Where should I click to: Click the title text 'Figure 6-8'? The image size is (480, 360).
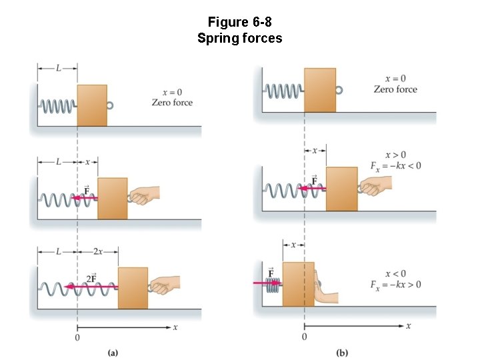[x=239, y=22]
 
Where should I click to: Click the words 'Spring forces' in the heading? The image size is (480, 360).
[x=239, y=38]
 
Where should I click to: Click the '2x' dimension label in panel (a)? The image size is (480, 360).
[x=97, y=251]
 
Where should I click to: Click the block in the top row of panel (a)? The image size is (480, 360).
[x=92, y=105]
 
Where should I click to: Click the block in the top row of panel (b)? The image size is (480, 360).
[x=320, y=89]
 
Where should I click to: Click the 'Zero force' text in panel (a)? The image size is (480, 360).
[x=172, y=103]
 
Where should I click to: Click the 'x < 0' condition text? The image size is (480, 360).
[x=395, y=274]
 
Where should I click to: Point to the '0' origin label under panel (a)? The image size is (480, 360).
[x=77, y=338]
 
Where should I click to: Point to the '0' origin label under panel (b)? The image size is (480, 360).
[x=305, y=337]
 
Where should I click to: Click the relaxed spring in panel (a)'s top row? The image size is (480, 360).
[x=58, y=105]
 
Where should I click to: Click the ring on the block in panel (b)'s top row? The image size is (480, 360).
[x=339, y=89]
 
